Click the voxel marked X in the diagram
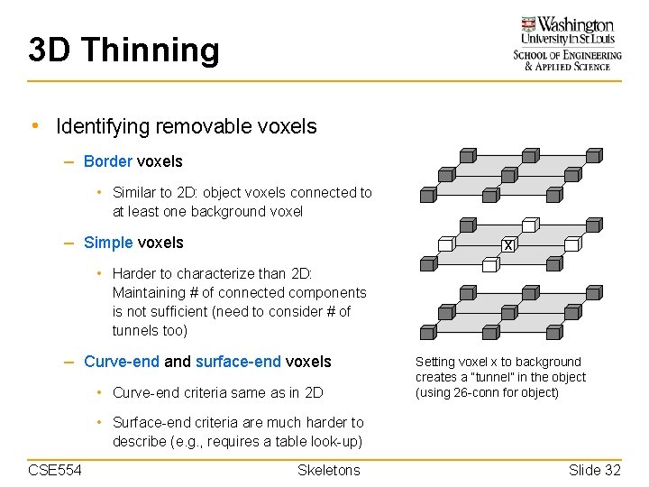508,245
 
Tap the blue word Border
107,161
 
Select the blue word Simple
108,243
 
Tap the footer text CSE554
55,470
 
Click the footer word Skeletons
328,470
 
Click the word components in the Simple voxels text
322,292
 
